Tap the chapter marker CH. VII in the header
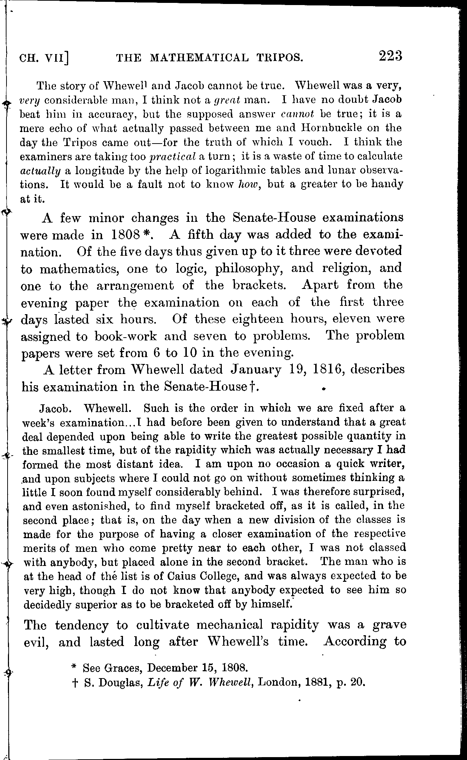click(x=44, y=58)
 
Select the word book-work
click(x=126, y=336)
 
